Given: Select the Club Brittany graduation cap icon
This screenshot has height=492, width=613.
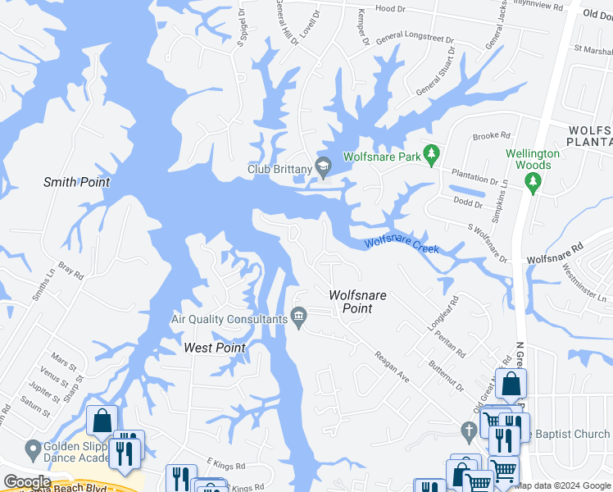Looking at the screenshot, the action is (324, 167).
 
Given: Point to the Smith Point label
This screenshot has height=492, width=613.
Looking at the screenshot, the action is (76, 182).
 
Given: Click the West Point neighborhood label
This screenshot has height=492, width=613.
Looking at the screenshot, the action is (215, 348).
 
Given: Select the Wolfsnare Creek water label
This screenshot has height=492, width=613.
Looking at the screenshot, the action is (402, 244).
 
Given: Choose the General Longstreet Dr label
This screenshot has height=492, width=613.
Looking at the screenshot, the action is (415, 39).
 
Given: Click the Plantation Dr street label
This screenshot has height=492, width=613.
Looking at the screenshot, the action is (475, 175).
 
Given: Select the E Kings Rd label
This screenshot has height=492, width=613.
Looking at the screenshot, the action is (226, 465).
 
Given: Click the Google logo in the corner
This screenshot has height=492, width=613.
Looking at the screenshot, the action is (27, 482).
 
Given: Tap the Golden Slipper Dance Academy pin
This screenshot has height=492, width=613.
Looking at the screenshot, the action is (34, 449).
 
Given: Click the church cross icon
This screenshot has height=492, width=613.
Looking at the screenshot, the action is (468, 430).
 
